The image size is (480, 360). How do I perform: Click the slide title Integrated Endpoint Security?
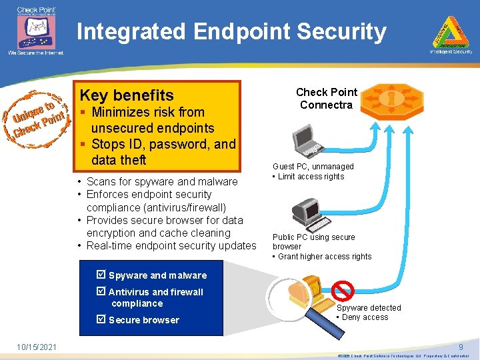point(231,31)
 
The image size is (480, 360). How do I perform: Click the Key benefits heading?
point(127,95)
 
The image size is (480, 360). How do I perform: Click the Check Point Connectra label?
point(326,99)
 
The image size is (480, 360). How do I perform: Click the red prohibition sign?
point(343,291)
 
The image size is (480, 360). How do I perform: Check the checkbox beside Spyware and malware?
point(101,275)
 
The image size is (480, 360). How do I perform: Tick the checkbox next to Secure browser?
point(101,320)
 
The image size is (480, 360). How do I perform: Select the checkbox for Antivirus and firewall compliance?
point(101,292)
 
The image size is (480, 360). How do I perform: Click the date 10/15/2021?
point(37,347)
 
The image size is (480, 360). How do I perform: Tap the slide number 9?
point(460,346)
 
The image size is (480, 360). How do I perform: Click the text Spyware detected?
point(369,307)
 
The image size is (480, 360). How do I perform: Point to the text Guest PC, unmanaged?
point(313,167)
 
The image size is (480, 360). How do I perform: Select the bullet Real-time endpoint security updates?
point(171,245)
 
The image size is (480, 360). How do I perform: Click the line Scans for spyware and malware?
point(162,181)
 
